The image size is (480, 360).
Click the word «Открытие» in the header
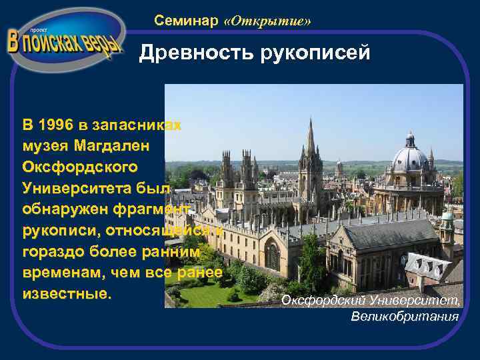pos(268,21)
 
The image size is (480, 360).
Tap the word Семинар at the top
pos(186,21)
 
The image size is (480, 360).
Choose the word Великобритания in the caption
pos(405,316)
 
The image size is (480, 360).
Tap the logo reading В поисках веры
pos(65,41)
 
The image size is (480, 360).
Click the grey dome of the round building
pos(409,158)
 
